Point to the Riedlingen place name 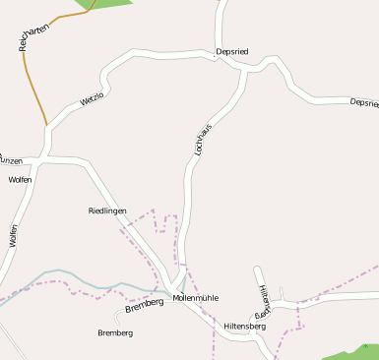107,210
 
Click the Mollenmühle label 195,297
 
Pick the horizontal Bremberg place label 115,332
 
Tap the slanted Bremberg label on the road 144,308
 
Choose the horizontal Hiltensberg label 245,326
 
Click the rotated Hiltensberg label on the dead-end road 263,299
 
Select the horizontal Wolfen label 20,180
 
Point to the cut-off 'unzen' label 11,159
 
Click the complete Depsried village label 233,51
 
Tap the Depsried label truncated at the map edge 363,102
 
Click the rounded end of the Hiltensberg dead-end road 258,270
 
